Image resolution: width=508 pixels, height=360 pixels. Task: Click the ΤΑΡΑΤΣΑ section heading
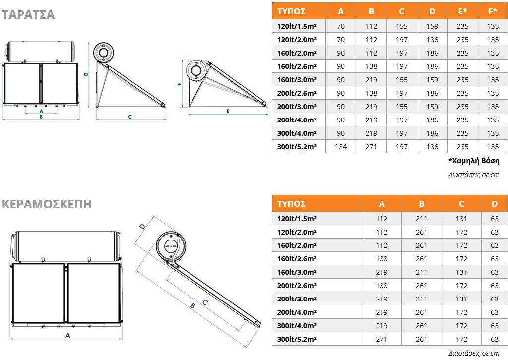(x=28, y=15)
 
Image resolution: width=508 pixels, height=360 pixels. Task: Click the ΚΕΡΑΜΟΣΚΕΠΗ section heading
(x=47, y=204)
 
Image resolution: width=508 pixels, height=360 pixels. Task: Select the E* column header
(x=462, y=11)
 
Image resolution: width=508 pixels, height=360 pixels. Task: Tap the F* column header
(x=493, y=11)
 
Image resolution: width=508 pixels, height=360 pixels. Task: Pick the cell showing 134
(x=340, y=147)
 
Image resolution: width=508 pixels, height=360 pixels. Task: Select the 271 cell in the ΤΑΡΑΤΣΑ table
(x=371, y=147)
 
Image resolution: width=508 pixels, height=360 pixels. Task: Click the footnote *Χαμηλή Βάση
(x=474, y=161)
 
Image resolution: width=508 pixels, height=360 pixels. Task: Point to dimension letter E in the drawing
(x=228, y=111)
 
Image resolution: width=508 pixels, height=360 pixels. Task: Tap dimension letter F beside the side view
(x=179, y=84)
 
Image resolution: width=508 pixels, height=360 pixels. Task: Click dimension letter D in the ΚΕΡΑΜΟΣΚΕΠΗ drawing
(x=142, y=226)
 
